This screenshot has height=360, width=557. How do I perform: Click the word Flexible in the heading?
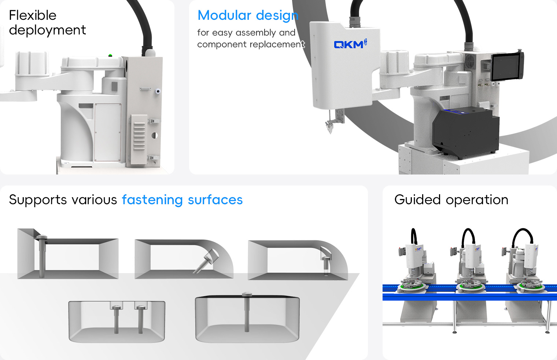tap(33, 15)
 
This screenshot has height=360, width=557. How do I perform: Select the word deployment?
tap(47, 30)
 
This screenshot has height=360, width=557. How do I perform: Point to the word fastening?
tap(152, 200)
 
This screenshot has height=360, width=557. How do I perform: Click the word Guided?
tap(417, 200)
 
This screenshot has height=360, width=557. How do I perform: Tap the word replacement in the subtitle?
tap(277, 44)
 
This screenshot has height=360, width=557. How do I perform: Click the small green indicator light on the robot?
tap(110, 55)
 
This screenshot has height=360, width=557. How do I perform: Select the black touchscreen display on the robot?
tap(507, 66)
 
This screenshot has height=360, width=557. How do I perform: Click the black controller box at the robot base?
tap(465, 132)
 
